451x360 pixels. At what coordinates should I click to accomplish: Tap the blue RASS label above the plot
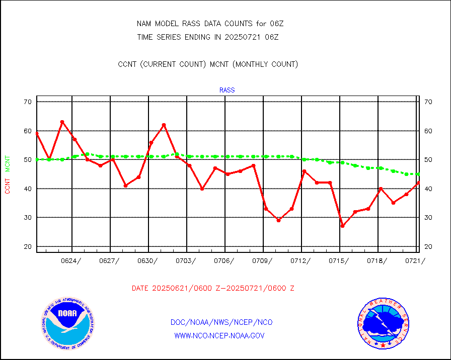coord(227,91)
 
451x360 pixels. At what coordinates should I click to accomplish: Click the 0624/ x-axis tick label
coord(71,260)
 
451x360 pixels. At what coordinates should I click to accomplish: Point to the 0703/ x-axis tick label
coord(186,260)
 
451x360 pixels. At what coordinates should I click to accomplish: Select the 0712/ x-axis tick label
coord(300,260)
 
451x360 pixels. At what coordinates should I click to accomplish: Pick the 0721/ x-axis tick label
coord(415,260)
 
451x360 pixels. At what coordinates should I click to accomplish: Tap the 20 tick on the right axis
coord(428,246)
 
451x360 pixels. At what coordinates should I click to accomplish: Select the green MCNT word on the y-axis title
coord(8,163)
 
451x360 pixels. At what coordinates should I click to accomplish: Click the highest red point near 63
coord(62,122)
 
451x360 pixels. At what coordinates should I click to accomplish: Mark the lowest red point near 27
coord(343,226)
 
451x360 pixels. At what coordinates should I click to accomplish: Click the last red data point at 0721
coord(418,183)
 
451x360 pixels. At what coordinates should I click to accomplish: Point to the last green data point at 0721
coord(418,174)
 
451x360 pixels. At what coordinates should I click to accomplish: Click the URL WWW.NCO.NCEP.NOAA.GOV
coord(219,335)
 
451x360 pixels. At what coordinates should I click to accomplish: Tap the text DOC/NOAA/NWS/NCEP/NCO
coord(221,322)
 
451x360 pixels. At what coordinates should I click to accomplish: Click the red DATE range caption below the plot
coord(213,288)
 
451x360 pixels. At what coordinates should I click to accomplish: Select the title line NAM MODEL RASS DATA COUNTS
coord(208,24)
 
